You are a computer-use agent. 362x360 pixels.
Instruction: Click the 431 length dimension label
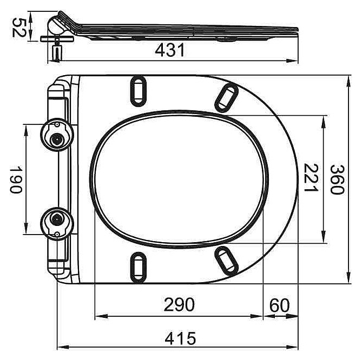[170, 50]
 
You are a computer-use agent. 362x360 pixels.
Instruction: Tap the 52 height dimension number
[18, 28]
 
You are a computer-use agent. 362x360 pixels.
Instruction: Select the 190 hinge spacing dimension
[16, 179]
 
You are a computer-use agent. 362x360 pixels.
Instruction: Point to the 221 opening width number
[311, 178]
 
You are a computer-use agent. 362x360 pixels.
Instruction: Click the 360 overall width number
[337, 180]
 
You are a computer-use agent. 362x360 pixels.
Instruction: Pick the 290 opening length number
[179, 305]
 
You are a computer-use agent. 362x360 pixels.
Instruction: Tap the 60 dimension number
[279, 305]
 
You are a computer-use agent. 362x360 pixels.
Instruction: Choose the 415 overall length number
[180, 338]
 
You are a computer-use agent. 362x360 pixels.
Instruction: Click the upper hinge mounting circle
[57, 135]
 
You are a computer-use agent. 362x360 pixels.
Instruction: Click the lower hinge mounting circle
[57, 224]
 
